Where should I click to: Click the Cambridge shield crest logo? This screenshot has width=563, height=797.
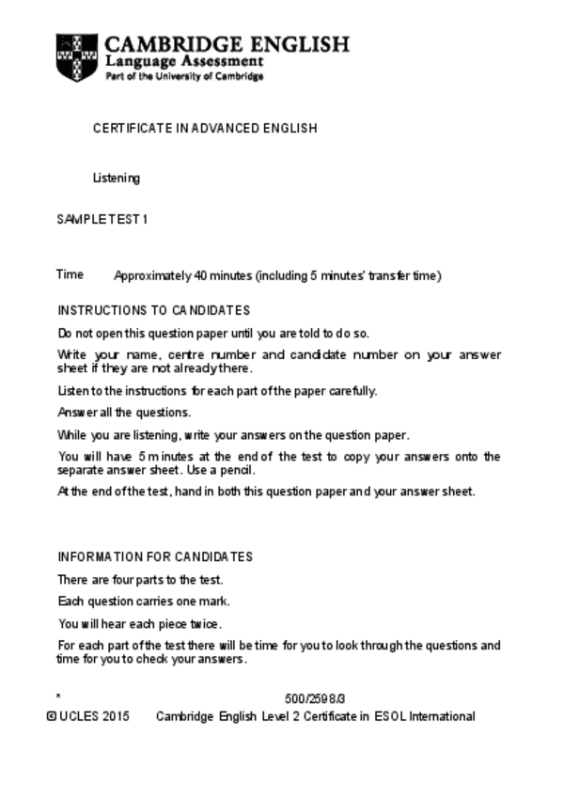(x=76, y=57)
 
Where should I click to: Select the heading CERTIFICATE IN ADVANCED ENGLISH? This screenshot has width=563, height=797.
(x=204, y=128)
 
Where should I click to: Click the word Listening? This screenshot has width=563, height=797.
(x=116, y=178)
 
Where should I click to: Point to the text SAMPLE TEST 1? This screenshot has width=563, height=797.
(x=102, y=219)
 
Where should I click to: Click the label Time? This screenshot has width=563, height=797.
(x=70, y=274)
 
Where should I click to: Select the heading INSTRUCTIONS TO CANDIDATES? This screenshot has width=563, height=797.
(x=153, y=310)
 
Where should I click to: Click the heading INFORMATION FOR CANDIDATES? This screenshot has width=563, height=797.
(x=155, y=556)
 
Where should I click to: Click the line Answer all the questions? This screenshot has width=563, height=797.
(x=124, y=413)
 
